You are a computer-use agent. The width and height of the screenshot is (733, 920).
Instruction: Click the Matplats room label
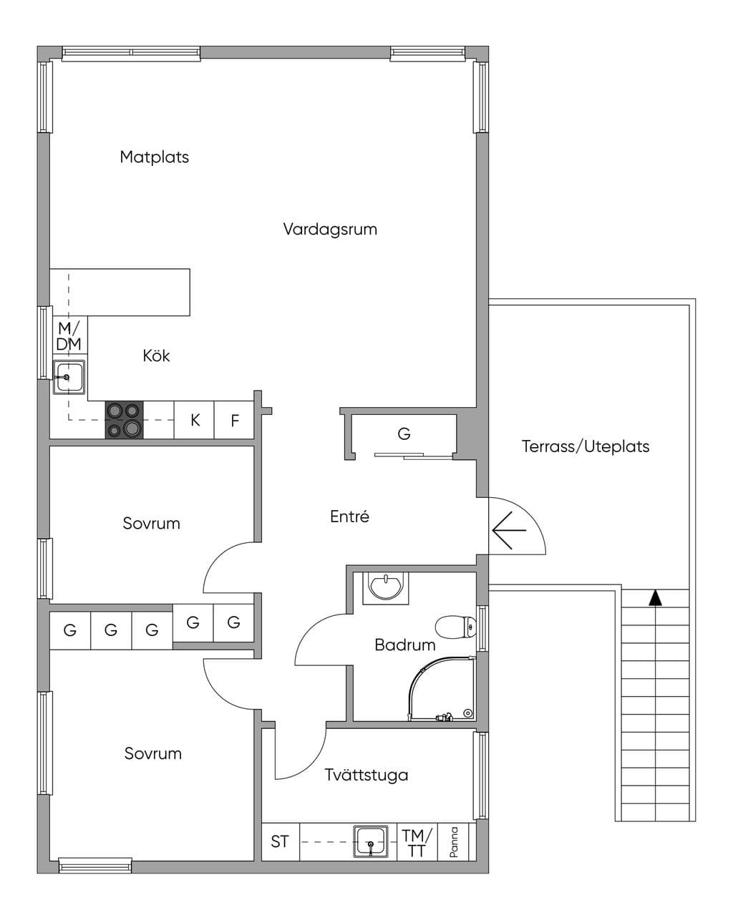[x=154, y=157]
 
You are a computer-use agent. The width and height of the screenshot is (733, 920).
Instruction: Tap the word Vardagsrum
[x=330, y=230]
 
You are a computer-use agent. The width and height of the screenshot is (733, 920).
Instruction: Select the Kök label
[x=156, y=356]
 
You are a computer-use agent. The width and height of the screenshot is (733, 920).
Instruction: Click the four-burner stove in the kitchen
[x=124, y=419]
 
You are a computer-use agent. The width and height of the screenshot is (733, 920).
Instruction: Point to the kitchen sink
[x=69, y=376]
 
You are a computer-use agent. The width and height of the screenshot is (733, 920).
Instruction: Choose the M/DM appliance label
[x=69, y=336]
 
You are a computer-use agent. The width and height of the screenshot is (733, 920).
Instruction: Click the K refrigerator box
[x=194, y=420]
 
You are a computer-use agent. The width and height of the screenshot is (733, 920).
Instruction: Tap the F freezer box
[x=234, y=420]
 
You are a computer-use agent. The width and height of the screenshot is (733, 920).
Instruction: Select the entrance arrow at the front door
[x=509, y=530]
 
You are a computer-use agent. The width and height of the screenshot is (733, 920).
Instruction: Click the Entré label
[x=349, y=517]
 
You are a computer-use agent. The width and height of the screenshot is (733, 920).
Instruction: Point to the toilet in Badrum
[x=455, y=627]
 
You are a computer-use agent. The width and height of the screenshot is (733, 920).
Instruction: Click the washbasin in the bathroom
[x=386, y=588]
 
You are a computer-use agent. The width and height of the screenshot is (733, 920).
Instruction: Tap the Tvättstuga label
[x=366, y=775]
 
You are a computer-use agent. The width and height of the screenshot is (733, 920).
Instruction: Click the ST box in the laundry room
[x=280, y=841]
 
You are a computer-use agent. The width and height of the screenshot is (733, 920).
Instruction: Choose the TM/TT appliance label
[x=417, y=842]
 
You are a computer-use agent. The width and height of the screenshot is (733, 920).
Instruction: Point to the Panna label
[x=454, y=842]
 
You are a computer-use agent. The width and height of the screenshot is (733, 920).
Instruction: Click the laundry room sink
[x=371, y=841]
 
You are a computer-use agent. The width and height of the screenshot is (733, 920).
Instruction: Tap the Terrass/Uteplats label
[x=586, y=446]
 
